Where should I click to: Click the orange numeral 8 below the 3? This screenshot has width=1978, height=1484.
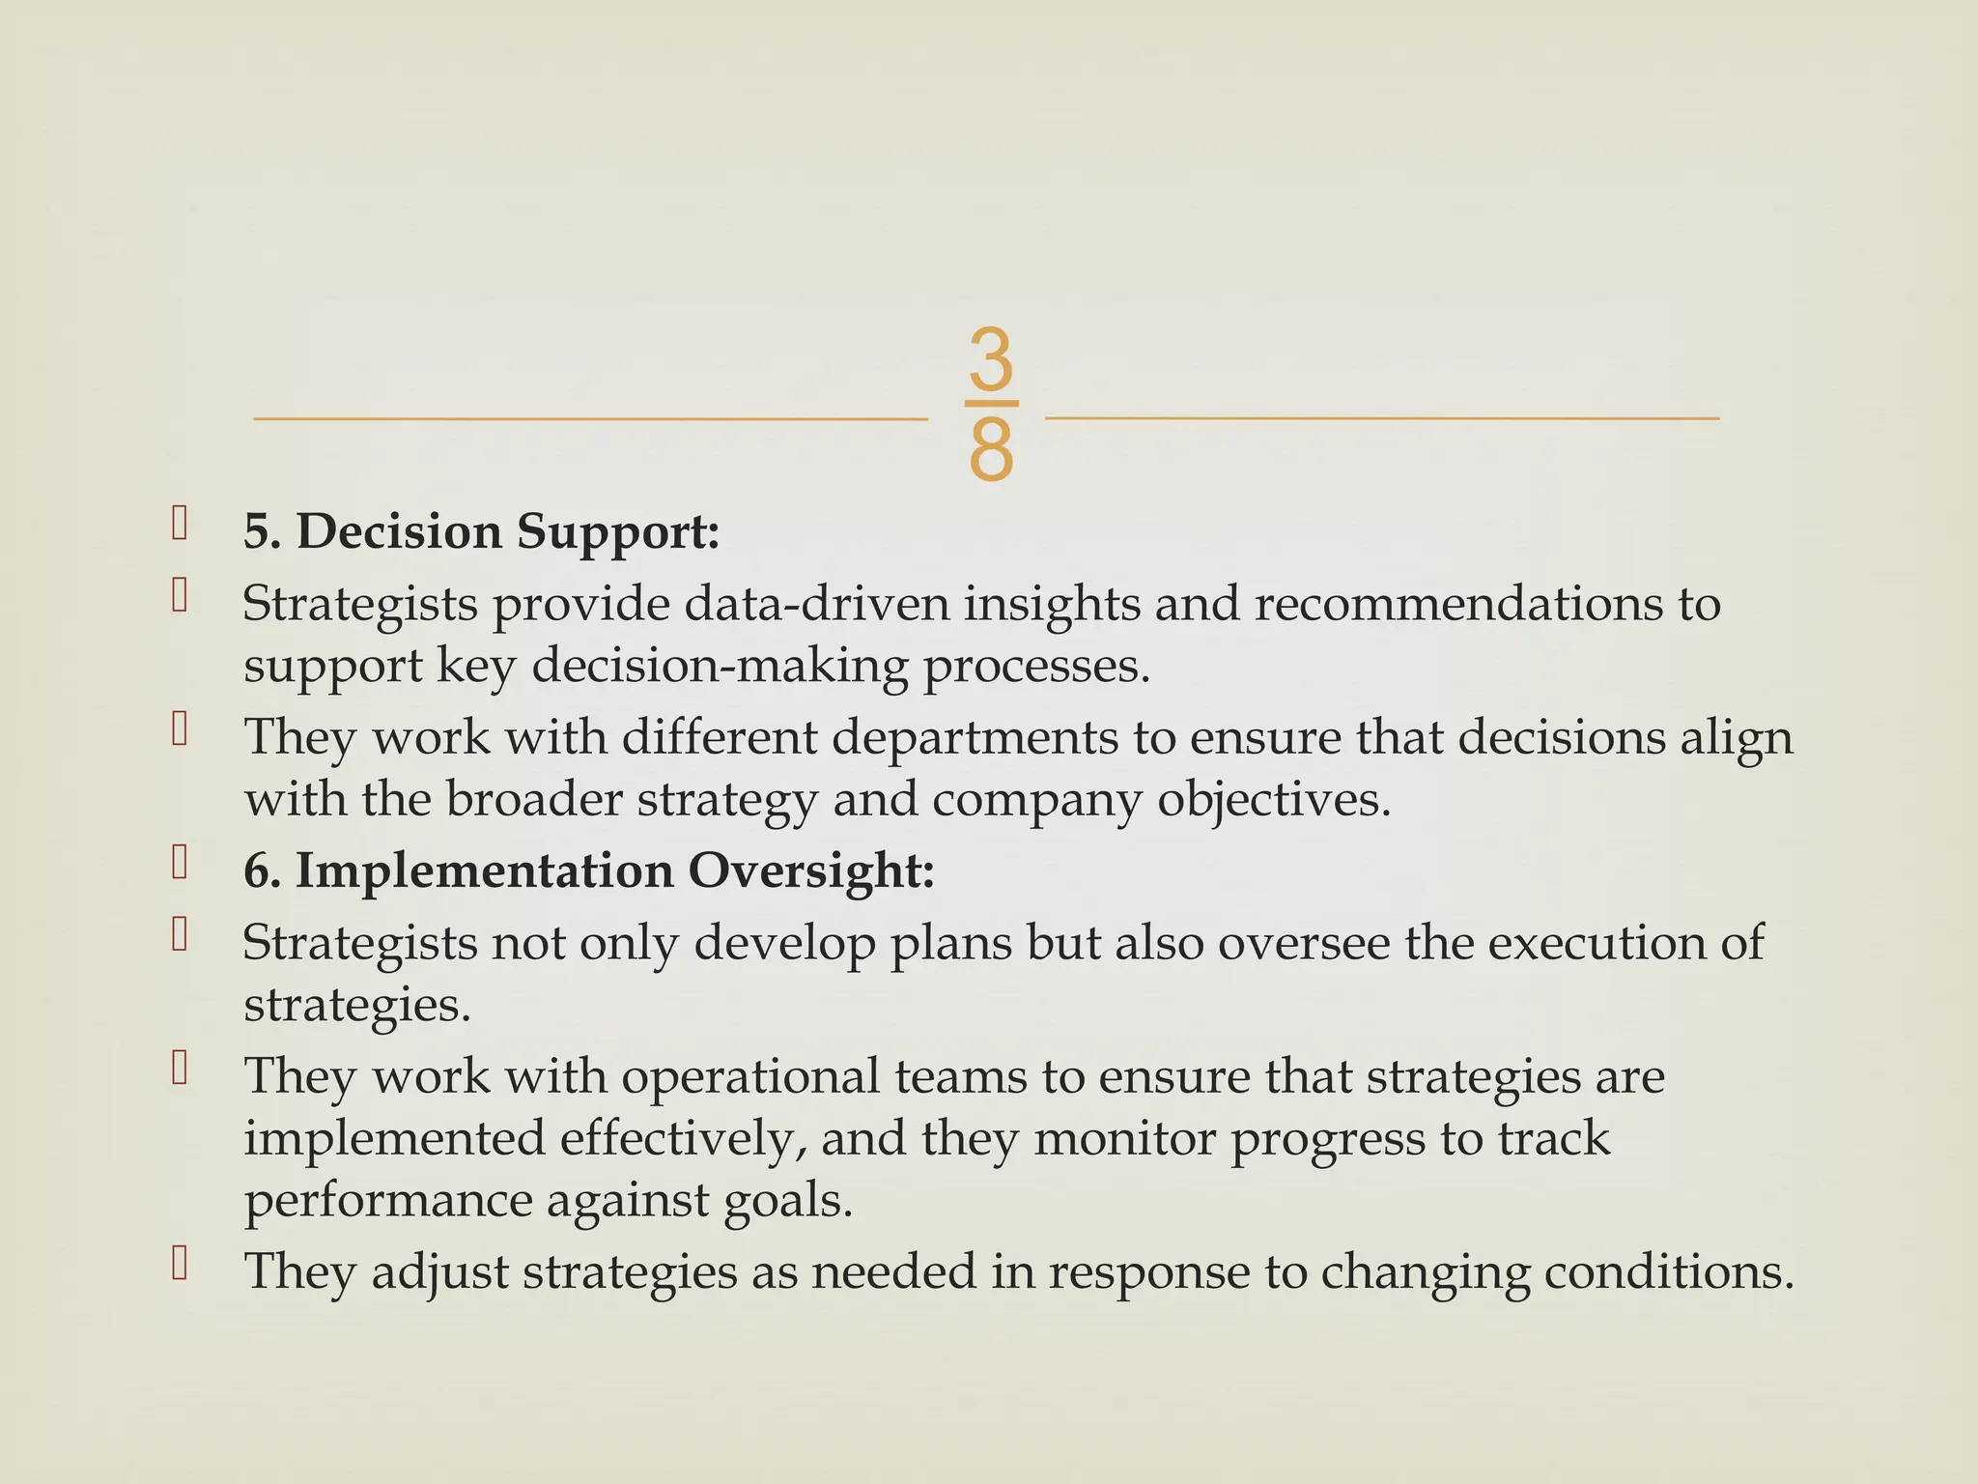[x=991, y=450]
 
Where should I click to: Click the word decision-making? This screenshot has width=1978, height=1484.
[x=721, y=667]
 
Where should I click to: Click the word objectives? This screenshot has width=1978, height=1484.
[x=1274, y=801]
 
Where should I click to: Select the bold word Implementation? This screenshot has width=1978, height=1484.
[x=484, y=870]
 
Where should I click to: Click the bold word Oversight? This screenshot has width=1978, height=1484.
[x=811, y=871]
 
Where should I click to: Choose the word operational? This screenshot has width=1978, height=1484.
[x=749, y=1076]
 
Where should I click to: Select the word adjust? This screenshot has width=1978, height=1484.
[x=439, y=1272]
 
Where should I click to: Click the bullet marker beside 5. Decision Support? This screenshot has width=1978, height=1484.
[x=179, y=524]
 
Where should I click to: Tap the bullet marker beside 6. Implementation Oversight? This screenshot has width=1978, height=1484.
[x=179, y=862]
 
